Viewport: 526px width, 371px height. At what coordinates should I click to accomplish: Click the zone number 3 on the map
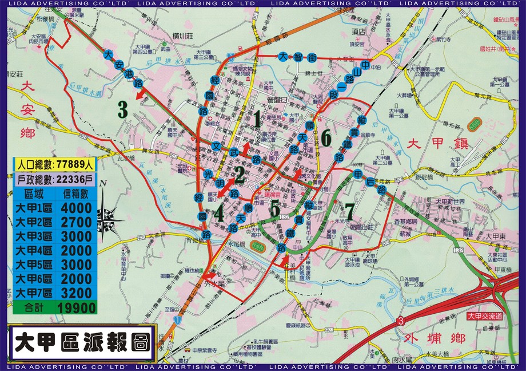[x=122, y=109]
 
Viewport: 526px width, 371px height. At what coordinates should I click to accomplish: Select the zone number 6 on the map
[x=326, y=137]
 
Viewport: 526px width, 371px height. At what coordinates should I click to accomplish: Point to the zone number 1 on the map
[x=257, y=119]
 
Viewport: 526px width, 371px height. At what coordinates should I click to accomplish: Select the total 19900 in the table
[x=75, y=307]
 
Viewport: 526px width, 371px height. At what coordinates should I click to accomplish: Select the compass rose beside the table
[x=107, y=215]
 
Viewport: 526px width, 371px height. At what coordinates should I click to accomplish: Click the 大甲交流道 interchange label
[x=484, y=316]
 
